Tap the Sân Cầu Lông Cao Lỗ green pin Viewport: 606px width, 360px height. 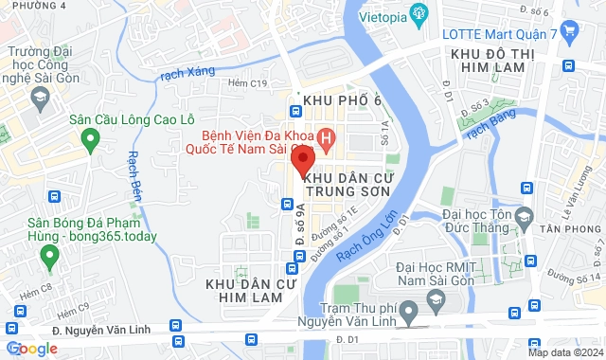point(91,141)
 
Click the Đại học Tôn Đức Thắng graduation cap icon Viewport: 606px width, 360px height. point(523,222)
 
